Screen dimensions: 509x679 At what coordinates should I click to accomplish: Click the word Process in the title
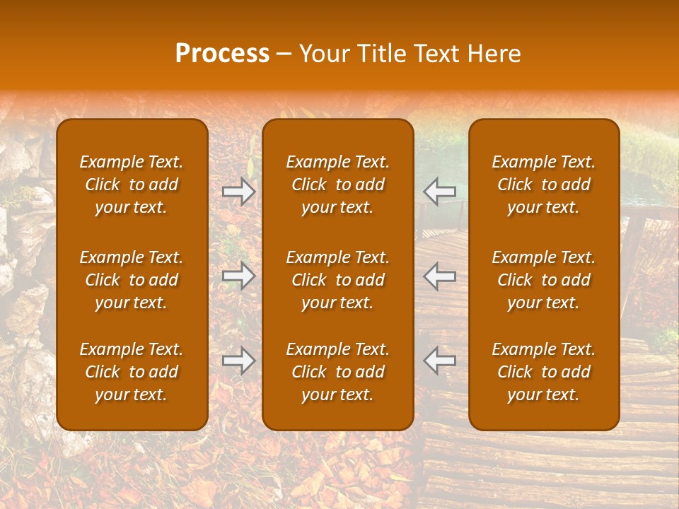222,54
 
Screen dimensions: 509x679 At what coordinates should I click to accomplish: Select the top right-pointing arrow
239,191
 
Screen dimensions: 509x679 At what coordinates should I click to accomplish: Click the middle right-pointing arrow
239,276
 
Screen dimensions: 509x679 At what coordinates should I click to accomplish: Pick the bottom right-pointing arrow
239,361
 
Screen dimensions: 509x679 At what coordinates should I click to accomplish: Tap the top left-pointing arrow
440,191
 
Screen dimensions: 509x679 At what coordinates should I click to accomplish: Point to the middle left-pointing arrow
440,276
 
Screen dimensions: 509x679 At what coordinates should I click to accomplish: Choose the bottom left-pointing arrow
440,361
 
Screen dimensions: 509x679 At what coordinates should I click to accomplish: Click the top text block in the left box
132,185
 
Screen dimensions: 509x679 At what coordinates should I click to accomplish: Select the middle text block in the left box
132,280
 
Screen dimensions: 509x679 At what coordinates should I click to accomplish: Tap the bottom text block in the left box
132,372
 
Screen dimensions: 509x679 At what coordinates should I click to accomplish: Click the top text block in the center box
338,185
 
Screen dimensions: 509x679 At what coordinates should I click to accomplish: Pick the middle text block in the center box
338,280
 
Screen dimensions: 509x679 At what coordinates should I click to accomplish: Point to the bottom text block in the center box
338,372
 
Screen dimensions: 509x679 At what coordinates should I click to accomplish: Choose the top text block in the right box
544,185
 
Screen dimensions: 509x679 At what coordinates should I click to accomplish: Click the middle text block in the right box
544,280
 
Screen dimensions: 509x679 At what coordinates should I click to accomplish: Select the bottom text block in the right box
544,372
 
